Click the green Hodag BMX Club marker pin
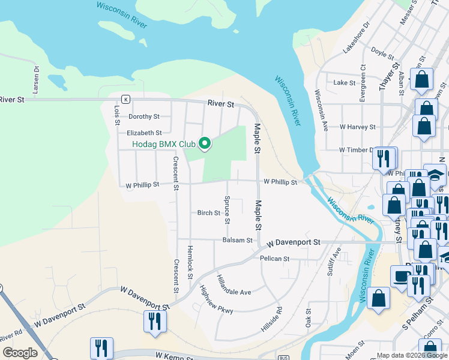205,143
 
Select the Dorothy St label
144,116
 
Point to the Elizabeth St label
144,133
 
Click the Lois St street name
116,115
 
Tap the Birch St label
209,212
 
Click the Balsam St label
237,240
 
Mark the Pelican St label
275,259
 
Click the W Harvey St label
357,127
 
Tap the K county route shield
125,99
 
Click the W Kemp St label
172,356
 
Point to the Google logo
20,353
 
